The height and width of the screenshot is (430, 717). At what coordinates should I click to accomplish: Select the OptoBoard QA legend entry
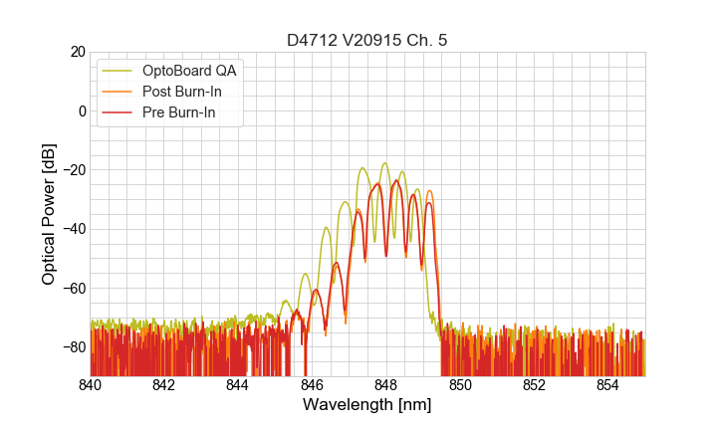tap(189, 71)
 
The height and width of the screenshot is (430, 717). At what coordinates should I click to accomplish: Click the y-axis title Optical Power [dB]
tap(49, 214)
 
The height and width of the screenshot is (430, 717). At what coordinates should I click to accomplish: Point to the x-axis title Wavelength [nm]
tap(367, 405)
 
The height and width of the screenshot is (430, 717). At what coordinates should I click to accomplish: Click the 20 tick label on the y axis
tap(75, 52)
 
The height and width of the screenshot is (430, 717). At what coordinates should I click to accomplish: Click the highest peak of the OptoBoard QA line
tap(384, 163)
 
